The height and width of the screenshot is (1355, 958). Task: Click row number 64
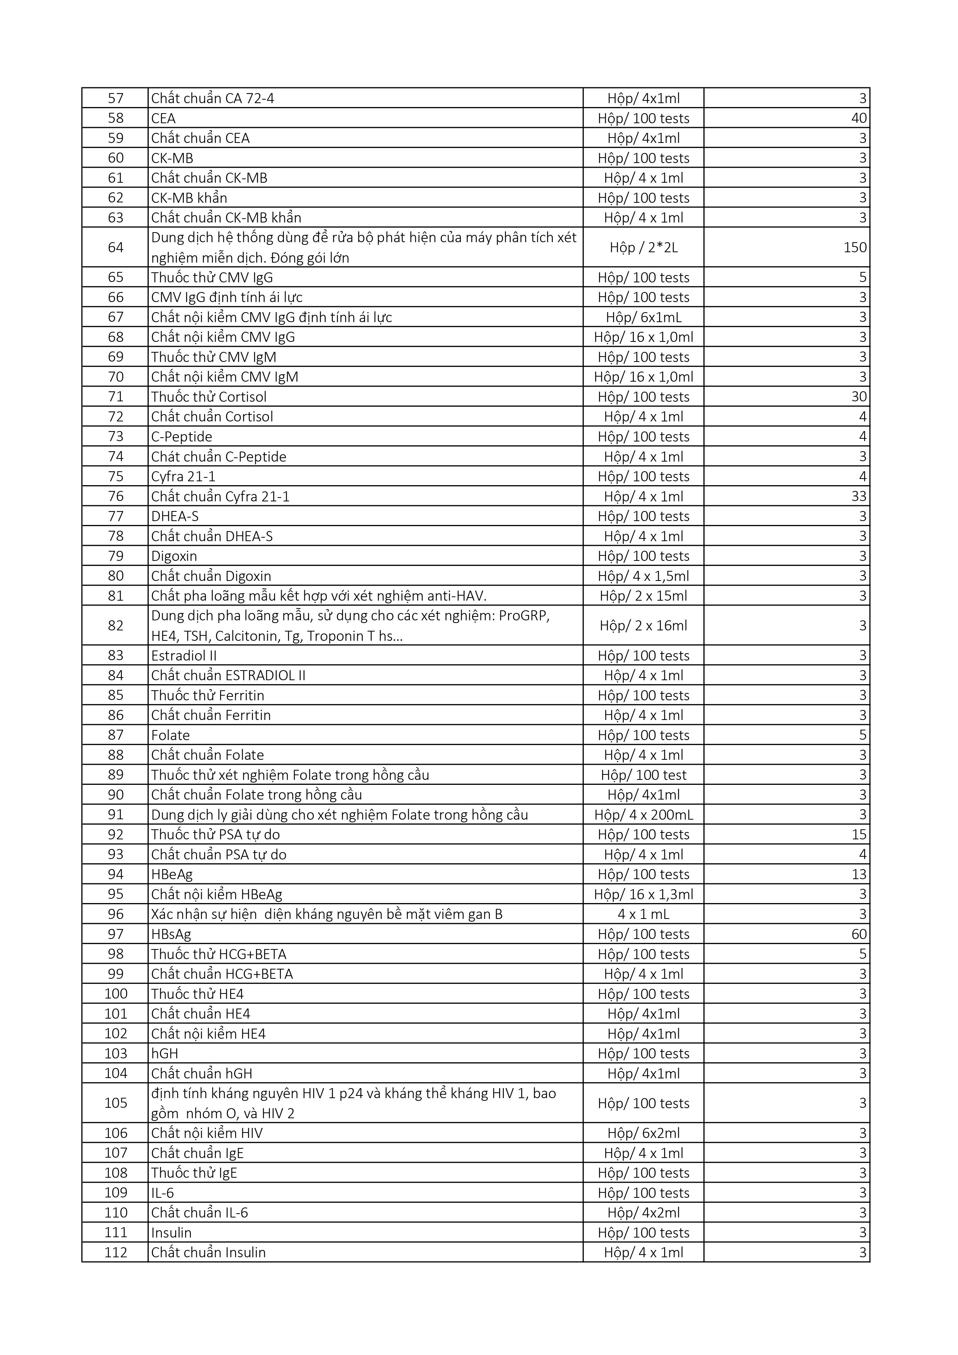116,247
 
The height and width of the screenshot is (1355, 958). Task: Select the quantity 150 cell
855,247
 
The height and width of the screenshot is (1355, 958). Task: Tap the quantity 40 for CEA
859,118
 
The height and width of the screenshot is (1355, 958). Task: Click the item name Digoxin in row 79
174,556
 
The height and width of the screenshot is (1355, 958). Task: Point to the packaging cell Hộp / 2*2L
644,247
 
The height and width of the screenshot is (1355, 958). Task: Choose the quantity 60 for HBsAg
859,934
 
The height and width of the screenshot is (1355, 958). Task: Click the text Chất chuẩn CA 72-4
212,98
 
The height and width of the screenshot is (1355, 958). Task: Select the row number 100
116,994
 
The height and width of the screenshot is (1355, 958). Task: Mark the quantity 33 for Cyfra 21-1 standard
859,496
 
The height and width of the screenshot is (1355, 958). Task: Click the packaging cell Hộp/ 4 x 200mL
644,815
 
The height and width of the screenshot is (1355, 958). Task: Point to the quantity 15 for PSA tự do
859,834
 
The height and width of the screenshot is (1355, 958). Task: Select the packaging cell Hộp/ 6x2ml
644,1133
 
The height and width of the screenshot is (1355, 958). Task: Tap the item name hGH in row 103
165,1053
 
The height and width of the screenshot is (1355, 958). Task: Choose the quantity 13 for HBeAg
859,874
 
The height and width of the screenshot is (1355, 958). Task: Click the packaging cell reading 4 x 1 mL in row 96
644,914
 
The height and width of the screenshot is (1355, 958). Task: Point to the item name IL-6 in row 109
162,1193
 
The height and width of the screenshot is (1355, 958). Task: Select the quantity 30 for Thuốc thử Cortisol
859,397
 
